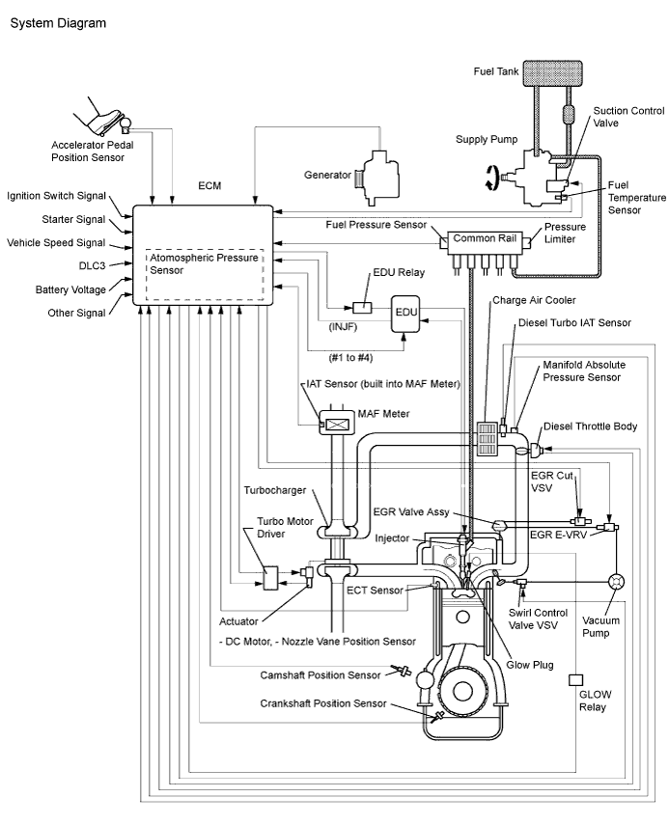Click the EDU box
point(405,315)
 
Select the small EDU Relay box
point(362,308)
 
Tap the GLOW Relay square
point(575,680)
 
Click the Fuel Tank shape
point(552,73)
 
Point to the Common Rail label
point(485,238)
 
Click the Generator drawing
point(376,178)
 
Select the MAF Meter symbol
point(337,424)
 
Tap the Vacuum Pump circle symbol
point(616,582)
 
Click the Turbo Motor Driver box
point(271,578)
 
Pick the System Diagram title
point(59,23)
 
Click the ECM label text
point(209,185)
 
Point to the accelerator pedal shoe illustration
point(102,120)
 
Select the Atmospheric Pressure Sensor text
point(205,263)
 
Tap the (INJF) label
point(343,327)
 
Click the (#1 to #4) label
point(350,358)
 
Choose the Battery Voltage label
point(70,289)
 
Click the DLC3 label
point(92,265)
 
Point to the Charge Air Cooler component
point(486,439)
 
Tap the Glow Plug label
point(530,665)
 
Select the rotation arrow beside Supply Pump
point(491,177)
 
